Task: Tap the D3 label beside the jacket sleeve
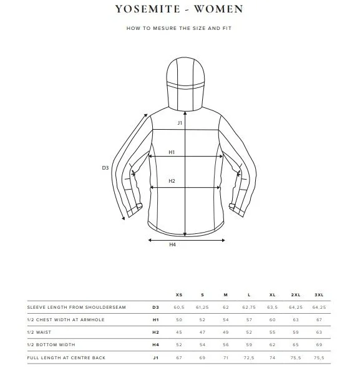click(x=105, y=167)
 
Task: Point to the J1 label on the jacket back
click(x=180, y=123)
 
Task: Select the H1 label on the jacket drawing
click(x=172, y=152)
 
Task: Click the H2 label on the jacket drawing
click(x=172, y=182)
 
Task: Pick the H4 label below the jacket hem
click(x=173, y=245)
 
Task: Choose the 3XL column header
click(x=319, y=294)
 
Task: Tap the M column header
click(x=226, y=294)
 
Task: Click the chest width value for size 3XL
click(x=319, y=320)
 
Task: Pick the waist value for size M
click(x=226, y=332)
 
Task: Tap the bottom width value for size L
click(x=249, y=345)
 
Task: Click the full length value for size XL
click(x=272, y=357)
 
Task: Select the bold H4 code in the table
click(x=156, y=345)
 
